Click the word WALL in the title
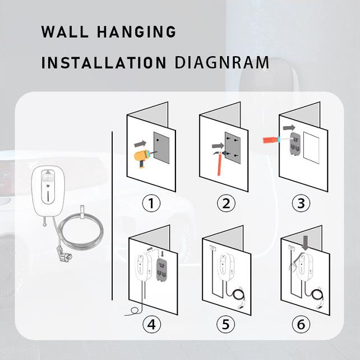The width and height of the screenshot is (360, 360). [65, 32]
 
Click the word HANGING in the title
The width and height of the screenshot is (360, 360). [137, 32]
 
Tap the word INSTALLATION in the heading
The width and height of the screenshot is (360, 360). [104, 62]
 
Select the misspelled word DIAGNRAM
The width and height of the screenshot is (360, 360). [222, 62]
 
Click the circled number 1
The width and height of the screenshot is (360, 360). [151, 203]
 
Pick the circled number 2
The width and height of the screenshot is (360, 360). [226, 203]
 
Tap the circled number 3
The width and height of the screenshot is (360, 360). [301, 203]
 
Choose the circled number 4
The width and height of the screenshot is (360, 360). [151, 325]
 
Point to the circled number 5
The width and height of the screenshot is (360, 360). [226, 325]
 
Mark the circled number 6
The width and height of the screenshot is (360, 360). [301, 325]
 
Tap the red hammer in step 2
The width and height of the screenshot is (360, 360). [220, 162]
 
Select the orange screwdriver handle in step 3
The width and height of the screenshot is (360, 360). [270, 140]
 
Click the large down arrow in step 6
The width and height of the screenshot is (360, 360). [306, 243]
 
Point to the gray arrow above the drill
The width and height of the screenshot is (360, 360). [140, 144]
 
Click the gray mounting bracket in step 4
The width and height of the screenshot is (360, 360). [162, 270]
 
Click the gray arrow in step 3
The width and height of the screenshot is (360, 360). [289, 127]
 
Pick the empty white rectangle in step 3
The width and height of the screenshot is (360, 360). [311, 147]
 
